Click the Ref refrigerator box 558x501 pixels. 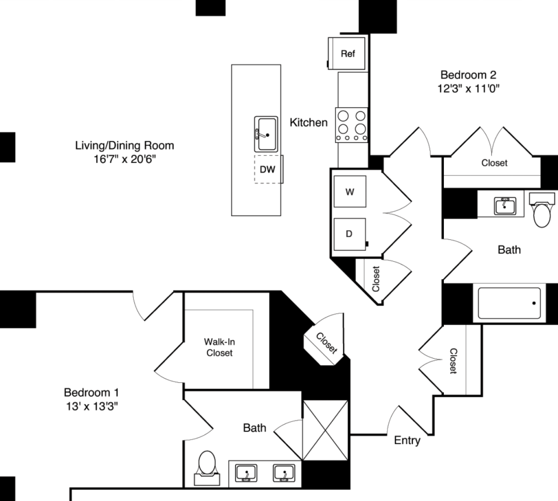pos(347,53)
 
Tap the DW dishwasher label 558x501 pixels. pos(267,169)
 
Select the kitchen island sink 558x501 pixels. pos(266,134)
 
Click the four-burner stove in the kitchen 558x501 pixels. pos(352,125)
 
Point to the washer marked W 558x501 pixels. pos(350,191)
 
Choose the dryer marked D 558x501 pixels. pos(349,234)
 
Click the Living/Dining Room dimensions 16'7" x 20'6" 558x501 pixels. pos(125,159)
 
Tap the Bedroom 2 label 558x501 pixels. pos(468,75)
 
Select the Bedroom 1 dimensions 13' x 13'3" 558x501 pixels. pos(92,406)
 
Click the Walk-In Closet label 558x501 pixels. pos(219,347)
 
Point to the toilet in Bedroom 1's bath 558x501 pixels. pos(207,468)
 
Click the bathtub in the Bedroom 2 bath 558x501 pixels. pos(509,303)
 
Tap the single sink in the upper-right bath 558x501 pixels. pos(505,206)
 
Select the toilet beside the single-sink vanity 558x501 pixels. pos(542,210)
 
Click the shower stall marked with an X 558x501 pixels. pos(326,430)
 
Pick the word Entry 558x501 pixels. pos(407,441)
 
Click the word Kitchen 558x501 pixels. pos(308,122)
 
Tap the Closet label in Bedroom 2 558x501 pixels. pos(494,163)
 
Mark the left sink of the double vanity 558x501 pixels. pos(246,473)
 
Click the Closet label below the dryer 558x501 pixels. pos(376,279)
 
